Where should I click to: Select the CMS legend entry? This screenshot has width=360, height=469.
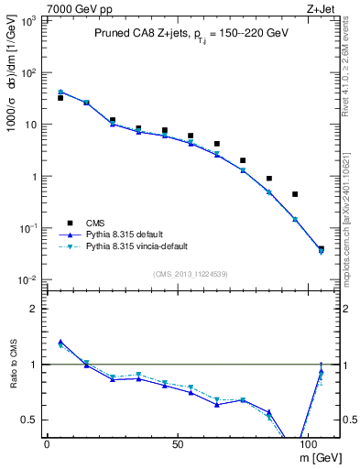point(96,222)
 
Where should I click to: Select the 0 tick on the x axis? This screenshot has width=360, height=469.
point(47,443)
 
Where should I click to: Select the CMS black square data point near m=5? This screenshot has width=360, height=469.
point(60,97)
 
